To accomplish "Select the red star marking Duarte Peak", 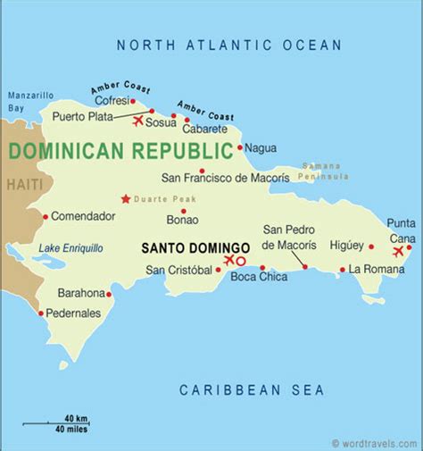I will coord(126,198).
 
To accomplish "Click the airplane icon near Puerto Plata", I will coord(138,121).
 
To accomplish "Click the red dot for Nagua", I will coord(239,147).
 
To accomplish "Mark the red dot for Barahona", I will coord(109,294).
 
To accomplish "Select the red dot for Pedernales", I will coord(41,313).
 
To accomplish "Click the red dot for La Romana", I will coord(342,270).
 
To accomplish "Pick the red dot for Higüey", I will coord(370,246).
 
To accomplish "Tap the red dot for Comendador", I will coord(46,216).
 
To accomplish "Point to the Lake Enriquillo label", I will coord(70,247).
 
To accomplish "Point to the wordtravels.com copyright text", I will coord(374,443).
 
